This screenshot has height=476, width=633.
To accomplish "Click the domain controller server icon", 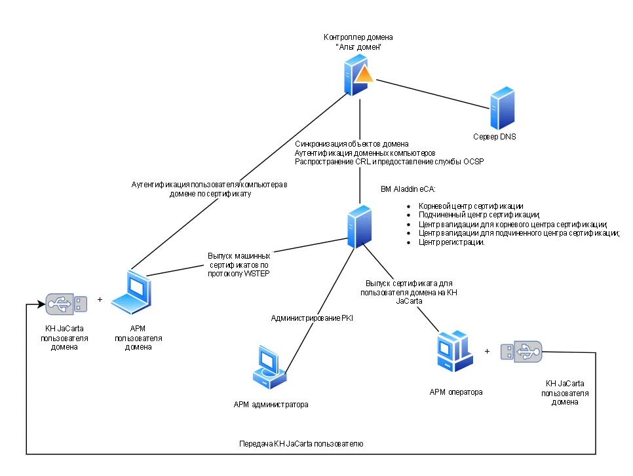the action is pyautogui.click(x=358, y=75).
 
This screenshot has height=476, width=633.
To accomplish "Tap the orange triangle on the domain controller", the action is pyautogui.click(x=364, y=75).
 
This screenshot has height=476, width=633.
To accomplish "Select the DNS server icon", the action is pyautogui.click(x=502, y=107).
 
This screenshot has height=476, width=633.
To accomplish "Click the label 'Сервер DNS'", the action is pyautogui.click(x=495, y=137).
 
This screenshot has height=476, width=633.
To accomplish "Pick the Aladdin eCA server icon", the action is pyautogui.click(x=359, y=227).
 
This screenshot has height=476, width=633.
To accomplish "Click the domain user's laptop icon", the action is pyautogui.click(x=131, y=293).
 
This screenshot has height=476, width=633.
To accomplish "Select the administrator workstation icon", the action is pyautogui.click(x=269, y=367).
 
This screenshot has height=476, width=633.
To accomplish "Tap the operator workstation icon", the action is pyautogui.click(x=455, y=351).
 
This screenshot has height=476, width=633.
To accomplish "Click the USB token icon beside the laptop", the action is pyautogui.click(x=66, y=304).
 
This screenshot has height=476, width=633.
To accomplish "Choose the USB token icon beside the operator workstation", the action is pyautogui.click(x=521, y=352).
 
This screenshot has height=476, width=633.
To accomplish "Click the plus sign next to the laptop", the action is pyautogui.click(x=100, y=299).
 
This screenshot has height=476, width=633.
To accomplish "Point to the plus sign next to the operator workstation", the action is pyautogui.click(x=488, y=351).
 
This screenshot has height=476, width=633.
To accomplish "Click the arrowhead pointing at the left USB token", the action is pyautogui.click(x=41, y=304).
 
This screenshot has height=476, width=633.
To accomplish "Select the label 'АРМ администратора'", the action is pyautogui.click(x=271, y=404).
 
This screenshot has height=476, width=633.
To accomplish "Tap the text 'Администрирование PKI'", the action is pyautogui.click(x=312, y=318).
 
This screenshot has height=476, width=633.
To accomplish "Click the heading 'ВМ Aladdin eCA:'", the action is pyautogui.click(x=408, y=189).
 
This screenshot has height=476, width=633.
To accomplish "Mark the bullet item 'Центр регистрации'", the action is pyautogui.click(x=451, y=242).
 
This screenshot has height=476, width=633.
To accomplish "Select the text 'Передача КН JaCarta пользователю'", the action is pyautogui.click(x=301, y=444).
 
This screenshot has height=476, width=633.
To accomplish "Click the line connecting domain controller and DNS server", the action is pyautogui.click(x=432, y=94).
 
